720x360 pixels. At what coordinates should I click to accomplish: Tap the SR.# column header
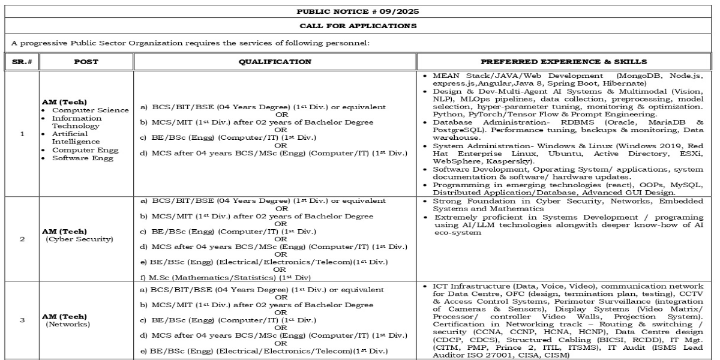coord(22,61)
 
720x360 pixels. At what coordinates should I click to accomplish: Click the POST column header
coord(86,61)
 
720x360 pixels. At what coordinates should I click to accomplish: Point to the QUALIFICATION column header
coord(275,61)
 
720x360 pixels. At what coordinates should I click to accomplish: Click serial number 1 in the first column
coord(22,134)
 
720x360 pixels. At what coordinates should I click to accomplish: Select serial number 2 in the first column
coord(22,239)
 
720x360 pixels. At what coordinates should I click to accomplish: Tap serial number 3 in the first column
coord(22,320)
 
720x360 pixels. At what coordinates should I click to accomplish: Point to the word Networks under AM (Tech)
coord(68,324)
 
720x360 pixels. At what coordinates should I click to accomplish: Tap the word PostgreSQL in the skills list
coord(457,129)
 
